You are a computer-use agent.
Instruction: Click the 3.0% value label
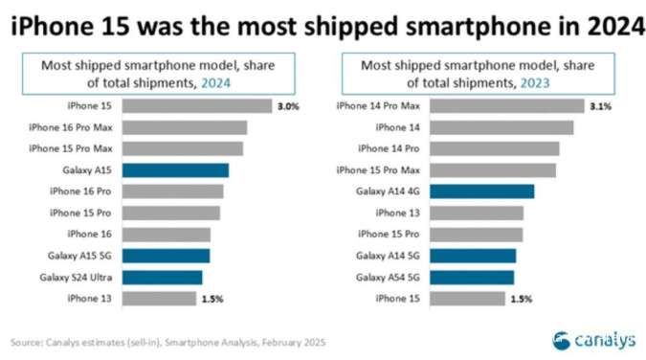[x=289, y=105]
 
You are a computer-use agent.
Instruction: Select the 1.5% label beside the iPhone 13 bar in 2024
[x=212, y=299]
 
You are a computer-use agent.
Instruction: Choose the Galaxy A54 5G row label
[x=390, y=277]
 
